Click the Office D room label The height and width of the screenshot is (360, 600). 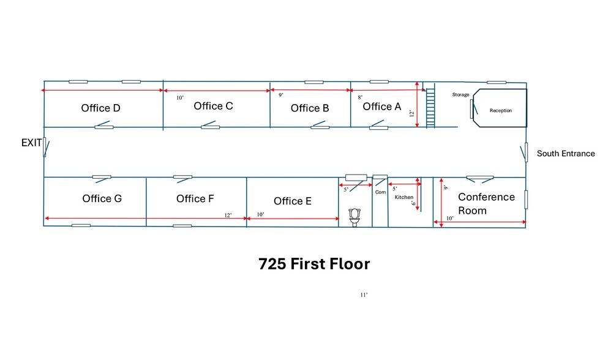click(100, 108)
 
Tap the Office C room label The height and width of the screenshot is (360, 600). click(213, 106)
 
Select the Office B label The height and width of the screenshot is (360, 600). click(310, 108)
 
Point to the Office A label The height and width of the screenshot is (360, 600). click(382, 107)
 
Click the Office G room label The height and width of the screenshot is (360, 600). click(102, 198)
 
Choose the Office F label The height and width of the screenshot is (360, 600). click(195, 198)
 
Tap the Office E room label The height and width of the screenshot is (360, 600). click(293, 201)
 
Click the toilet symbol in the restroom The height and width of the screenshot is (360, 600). click(354, 217)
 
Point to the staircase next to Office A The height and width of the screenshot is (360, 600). click(430, 108)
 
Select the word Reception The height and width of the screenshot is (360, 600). click(501, 111)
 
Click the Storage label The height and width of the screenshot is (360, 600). click(460, 94)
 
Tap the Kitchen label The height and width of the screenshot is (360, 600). click(403, 197)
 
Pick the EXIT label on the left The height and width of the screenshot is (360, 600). click(31, 143)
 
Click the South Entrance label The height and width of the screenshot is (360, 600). click(566, 154)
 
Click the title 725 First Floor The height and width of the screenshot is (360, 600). click(314, 264)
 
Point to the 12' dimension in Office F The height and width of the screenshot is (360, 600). click(228, 215)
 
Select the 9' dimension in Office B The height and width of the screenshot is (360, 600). click(281, 95)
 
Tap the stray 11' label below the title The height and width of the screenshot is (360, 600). click(364, 294)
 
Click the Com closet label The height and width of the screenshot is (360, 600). click(380, 192)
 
